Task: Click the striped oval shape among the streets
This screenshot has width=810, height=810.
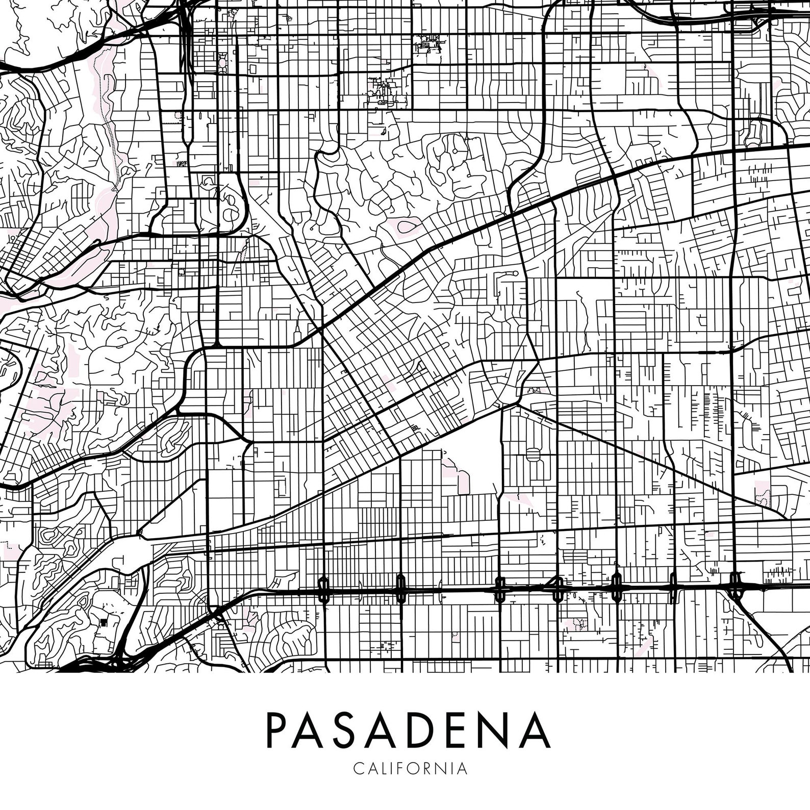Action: pos(534,454)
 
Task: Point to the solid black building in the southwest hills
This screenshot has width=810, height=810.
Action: pos(105,622)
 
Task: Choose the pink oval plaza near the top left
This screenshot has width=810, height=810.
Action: pos(222,64)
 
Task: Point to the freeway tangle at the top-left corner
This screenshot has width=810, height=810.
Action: pos(186,20)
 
